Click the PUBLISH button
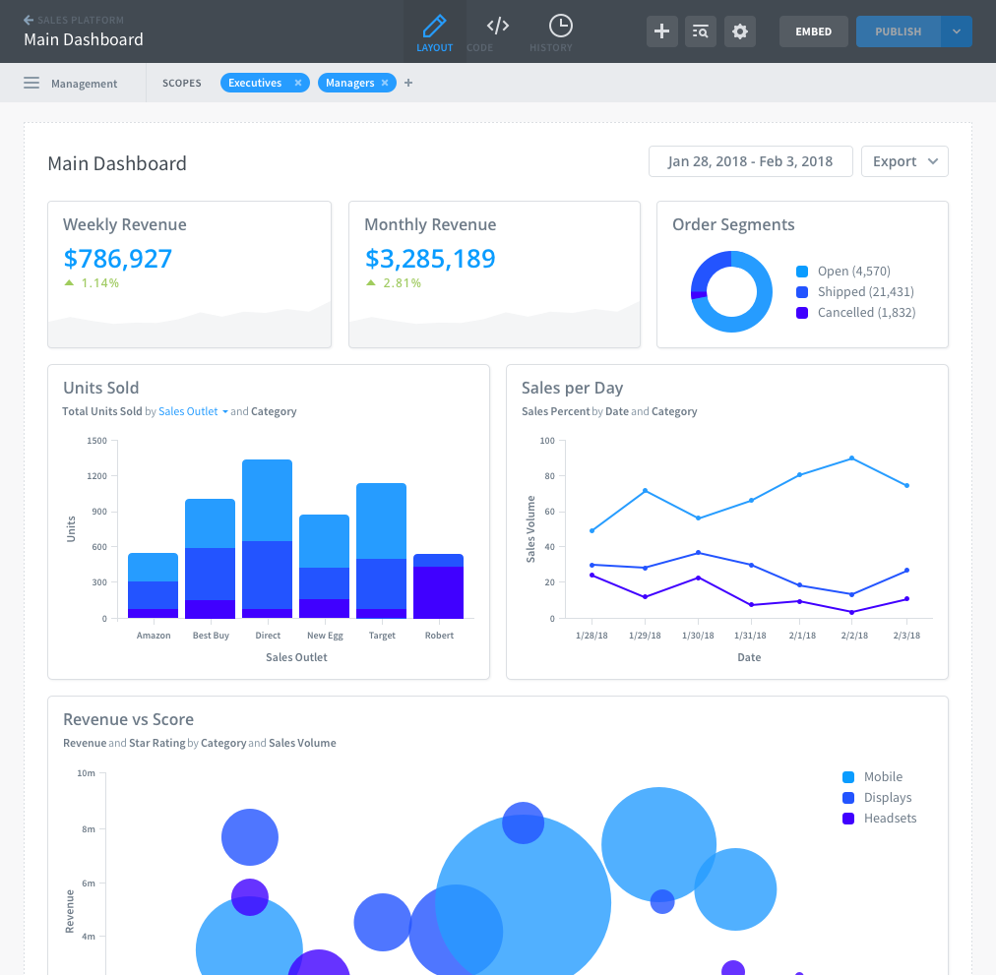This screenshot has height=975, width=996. pyautogui.click(x=898, y=31)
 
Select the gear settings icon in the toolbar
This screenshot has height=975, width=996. pyautogui.click(x=740, y=31)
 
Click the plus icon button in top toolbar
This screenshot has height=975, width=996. pyautogui.click(x=662, y=31)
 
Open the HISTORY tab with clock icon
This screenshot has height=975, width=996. pyautogui.click(x=560, y=32)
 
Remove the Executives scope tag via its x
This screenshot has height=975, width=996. pyautogui.click(x=298, y=84)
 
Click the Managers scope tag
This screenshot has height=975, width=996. pyautogui.click(x=349, y=84)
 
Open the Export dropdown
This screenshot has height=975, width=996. pyautogui.click(x=904, y=161)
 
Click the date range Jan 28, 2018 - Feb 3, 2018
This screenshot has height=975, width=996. pyautogui.click(x=750, y=161)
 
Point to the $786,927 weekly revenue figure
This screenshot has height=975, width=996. pyautogui.click(x=118, y=259)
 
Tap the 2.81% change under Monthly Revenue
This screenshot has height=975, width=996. pyautogui.click(x=402, y=283)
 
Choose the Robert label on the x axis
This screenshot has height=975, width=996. pyautogui.click(x=439, y=636)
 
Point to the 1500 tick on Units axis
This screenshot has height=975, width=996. pyautogui.click(x=96, y=441)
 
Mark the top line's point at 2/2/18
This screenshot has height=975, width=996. pyautogui.click(x=851, y=458)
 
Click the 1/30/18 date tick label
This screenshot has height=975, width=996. pyautogui.click(x=698, y=636)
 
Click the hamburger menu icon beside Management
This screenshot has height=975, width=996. pyautogui.click(x=31, y=84)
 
